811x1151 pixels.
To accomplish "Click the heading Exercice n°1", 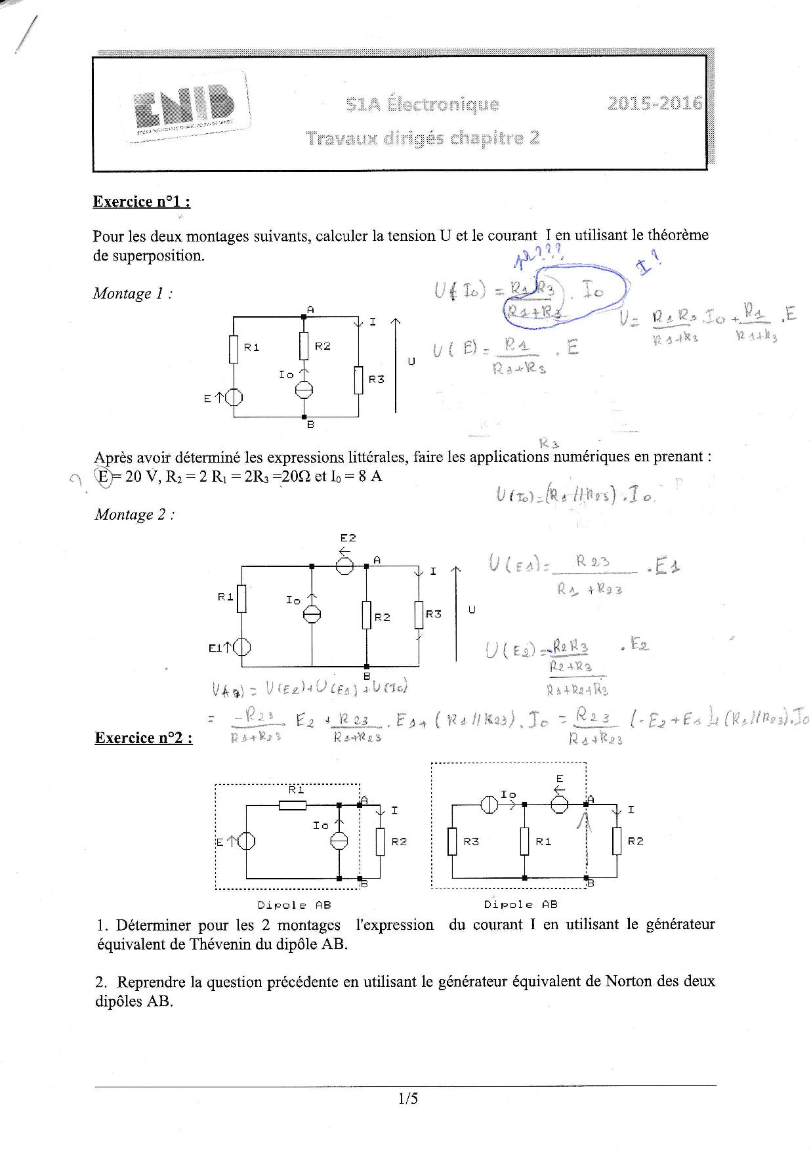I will pyautogui.click(x=142, y=201).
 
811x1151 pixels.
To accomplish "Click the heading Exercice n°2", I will pyautogui.click(x=144, y=738).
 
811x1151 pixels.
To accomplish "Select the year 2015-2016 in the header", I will pyautogui.click(x=654, y=104).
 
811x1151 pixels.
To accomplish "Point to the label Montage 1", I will pyautogui.click(x=133, y=293).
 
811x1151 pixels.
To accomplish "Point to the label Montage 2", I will pyautogui.click(x=135, y=514).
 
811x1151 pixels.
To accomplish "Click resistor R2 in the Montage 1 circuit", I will pyautogui.click(x=304, y=346).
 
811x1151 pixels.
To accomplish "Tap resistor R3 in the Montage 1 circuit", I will pyautogui.click(x=358, y=380).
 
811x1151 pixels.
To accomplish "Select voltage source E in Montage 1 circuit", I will pyautogui.click(x=234, y=397).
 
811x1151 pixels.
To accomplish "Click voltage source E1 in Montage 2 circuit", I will pyautogui.click(x=242, y=647).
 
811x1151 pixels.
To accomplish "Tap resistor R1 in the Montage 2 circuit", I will pyautogui.click(x=241, y=598).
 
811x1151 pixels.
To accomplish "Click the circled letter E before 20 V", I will pyautogui.click(x=103, y=476).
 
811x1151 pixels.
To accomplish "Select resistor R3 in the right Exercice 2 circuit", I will pyautogui.click(x=452, y=841).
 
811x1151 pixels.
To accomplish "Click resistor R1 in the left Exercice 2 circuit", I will pyautogui.click(x=293, y=805).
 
